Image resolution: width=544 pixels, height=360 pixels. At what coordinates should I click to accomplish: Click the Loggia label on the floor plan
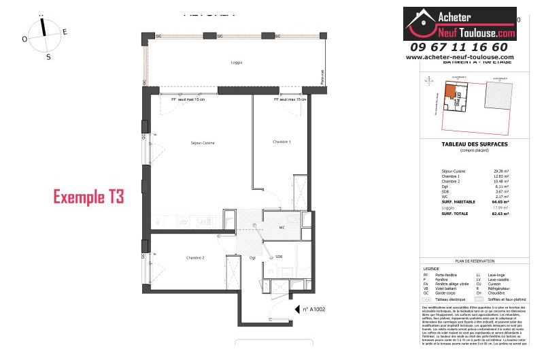tap(236, 63)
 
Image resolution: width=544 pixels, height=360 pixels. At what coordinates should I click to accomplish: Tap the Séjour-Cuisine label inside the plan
tap(184, 143)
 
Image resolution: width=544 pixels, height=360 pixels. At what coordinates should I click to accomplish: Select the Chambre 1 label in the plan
tap(282, 142)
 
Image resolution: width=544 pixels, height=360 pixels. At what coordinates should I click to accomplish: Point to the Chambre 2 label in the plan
tap(195, 257)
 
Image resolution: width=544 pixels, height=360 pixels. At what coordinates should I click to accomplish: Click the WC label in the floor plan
tap(282, 228)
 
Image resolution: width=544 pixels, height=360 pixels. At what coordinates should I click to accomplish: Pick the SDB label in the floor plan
tap(279, 257)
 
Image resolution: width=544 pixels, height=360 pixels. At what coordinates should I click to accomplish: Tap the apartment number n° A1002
tap(316, 309)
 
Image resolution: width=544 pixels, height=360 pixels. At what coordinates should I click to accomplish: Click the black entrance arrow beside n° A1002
tap(297, 309)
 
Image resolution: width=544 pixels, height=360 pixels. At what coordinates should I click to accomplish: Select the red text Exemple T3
tap(89, 197)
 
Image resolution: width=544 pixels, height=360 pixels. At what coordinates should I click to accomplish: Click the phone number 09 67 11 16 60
tap(459, 47)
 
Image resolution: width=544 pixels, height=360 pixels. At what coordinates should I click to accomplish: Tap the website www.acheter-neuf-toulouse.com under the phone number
tap(460, 57)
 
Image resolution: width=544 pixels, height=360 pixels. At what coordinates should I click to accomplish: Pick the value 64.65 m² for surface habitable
tap(500, 202)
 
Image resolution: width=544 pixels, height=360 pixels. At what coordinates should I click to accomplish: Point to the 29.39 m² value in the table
tap(501, 171)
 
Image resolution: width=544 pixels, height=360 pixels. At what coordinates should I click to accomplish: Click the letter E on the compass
tap(65, 31)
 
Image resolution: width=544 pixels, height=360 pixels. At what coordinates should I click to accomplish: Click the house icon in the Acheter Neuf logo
tap(420, 23)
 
